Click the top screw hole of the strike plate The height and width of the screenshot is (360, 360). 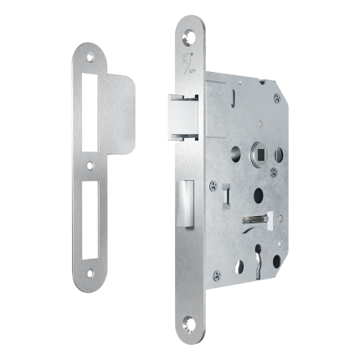[90, 59]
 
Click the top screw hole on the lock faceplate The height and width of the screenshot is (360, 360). [188, 33]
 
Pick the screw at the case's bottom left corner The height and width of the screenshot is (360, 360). [217, 273]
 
